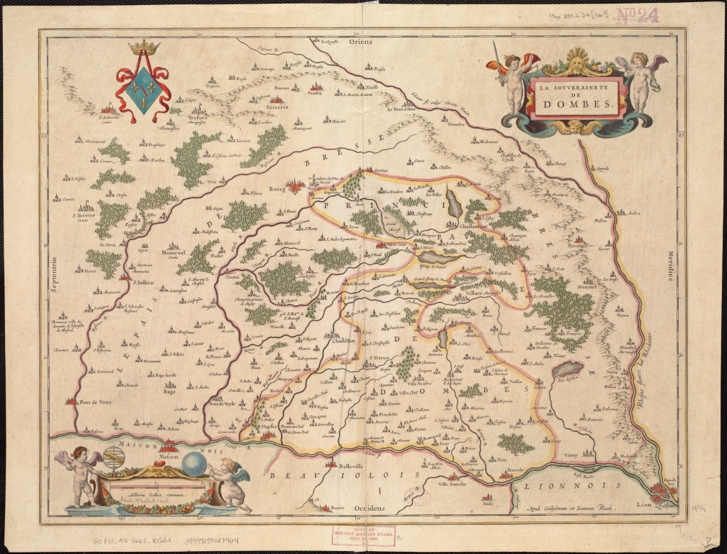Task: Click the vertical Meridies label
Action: pos(667,265)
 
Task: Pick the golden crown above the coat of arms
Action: pos(143,48)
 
